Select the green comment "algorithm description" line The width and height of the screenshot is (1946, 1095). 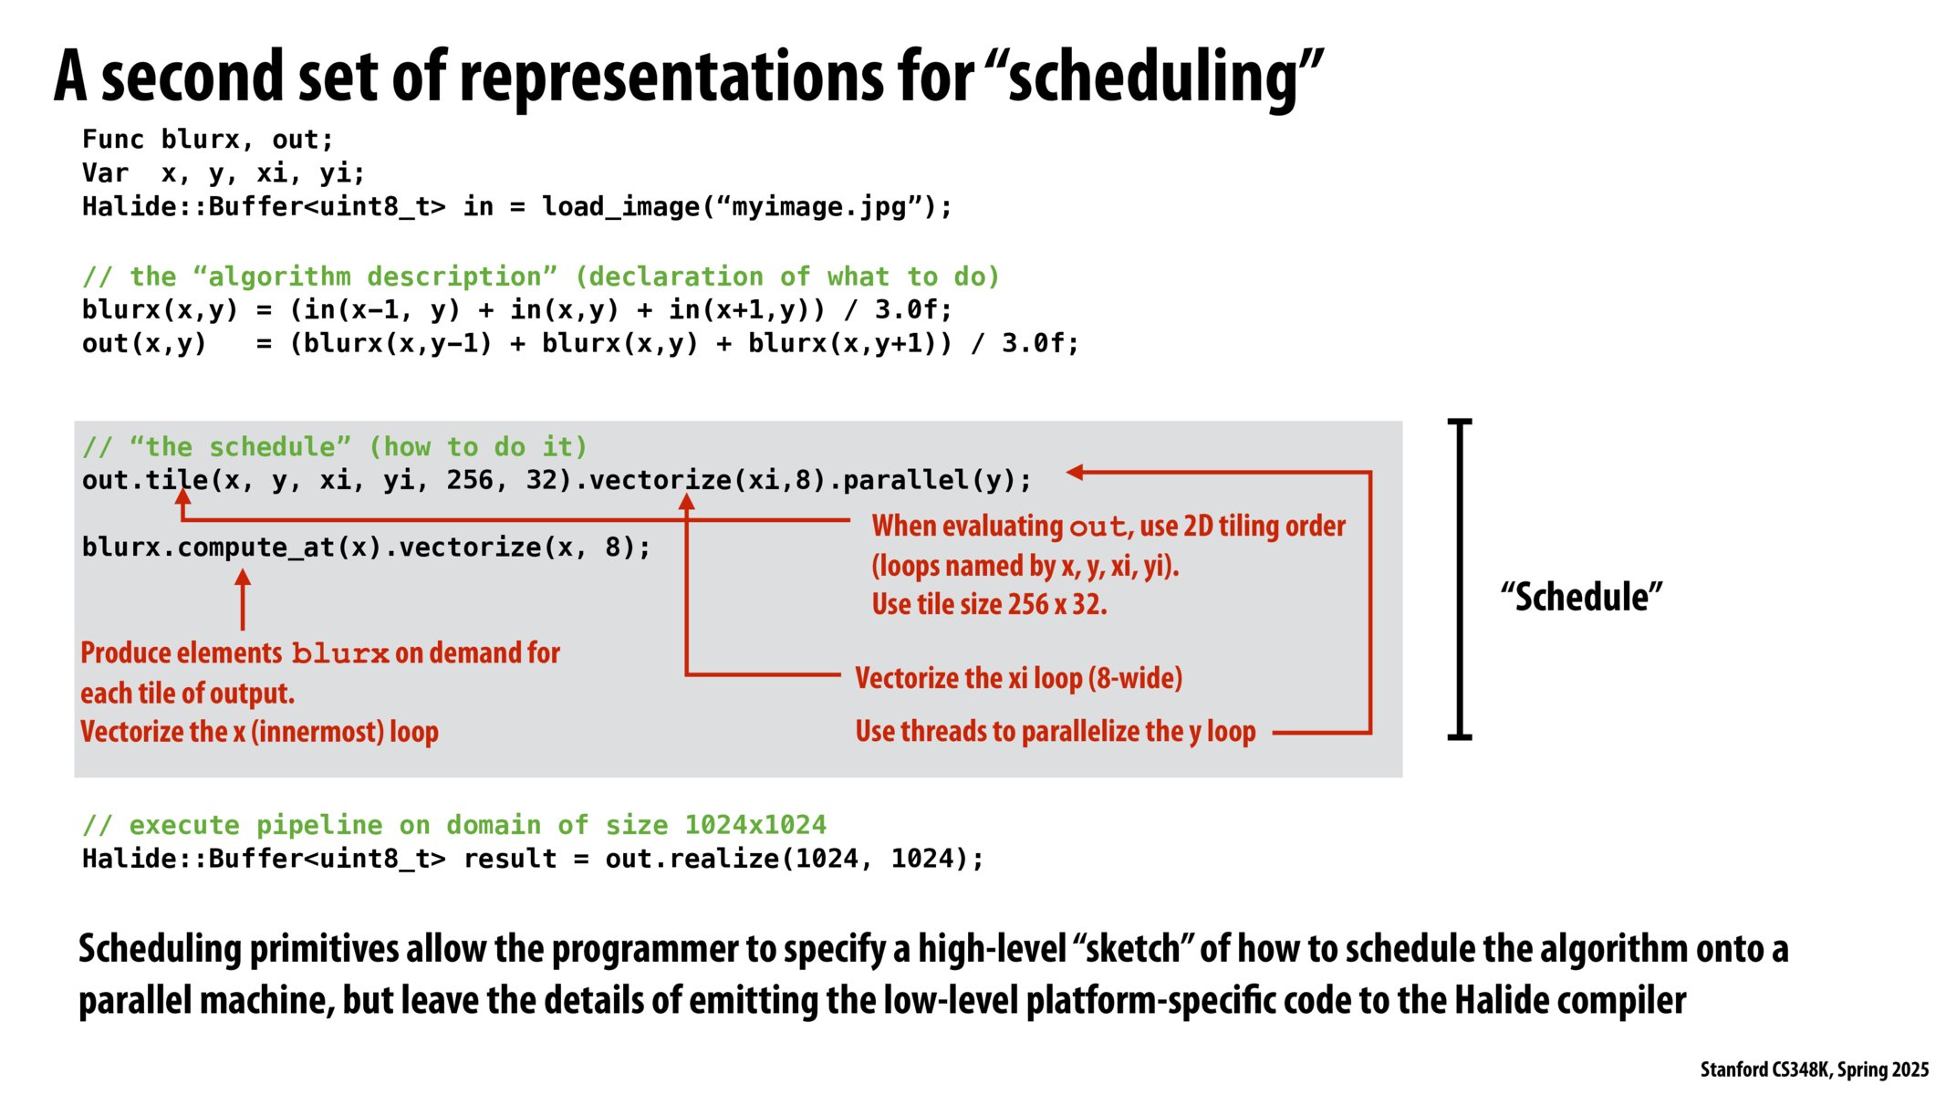pyautogui.click(x=540, y=276)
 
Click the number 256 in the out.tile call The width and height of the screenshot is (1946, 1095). pyautogui.click(x=469, y=480)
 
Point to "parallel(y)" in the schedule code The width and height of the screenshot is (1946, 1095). pyautogui.click(x=936, y=480)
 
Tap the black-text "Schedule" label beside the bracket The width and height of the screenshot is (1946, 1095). pyautogui.click(x=1581, y=597)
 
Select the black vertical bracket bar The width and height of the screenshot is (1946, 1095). pyautogui.click(x=1460, y=579)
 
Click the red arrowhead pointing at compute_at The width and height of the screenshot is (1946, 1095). pyautogui.click(x=243, y=578)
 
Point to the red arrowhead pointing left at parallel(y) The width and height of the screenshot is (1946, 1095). pyautogui.click(x=1075, y=472)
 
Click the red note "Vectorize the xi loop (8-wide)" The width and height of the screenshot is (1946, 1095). pyautogui.click(x=1018, y=678)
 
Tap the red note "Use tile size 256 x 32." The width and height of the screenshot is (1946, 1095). pyautogui.click(x=989, y=604)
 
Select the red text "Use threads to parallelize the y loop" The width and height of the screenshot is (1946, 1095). pyautogui.click(x=1055, y=731)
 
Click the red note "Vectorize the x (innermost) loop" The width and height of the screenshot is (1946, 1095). pyautogui.click(x=259, y=732)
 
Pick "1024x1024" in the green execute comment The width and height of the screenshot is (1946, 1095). pyautogui.click(x=754, y=825)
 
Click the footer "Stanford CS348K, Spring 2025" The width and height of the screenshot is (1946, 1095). pyautogui.click(x=1814, y=1069)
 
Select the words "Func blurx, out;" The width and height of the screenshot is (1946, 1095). pyautogui.click(x=208, y=140)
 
